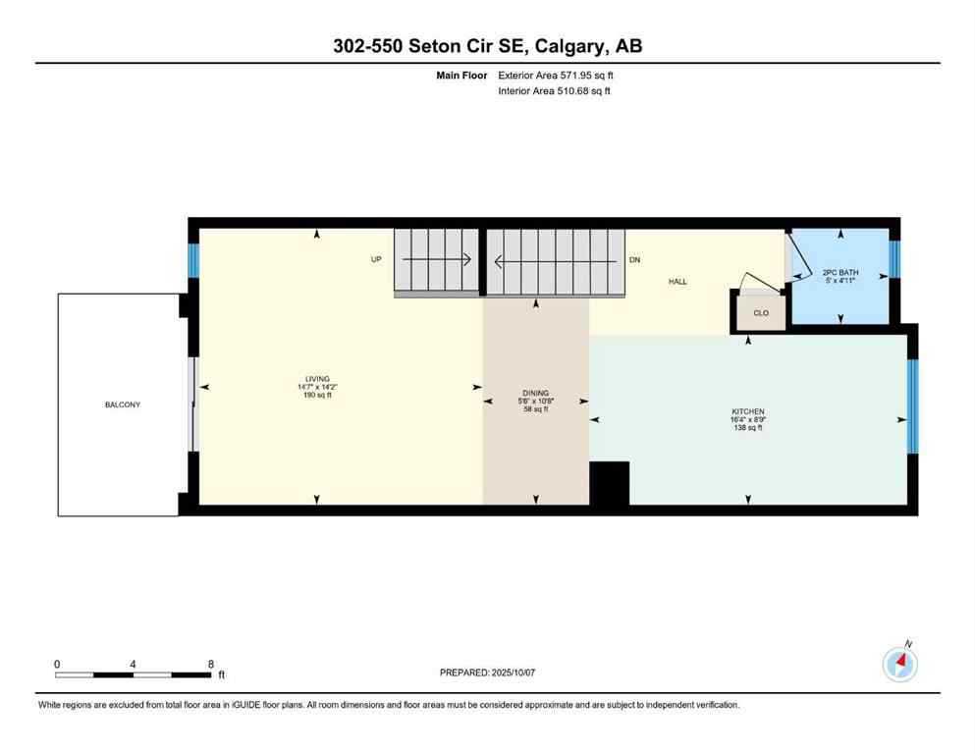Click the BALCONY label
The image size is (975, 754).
(123, 404)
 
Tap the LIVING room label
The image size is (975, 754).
(317, 379)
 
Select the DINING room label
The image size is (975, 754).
(535, 393)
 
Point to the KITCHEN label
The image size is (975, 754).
(748, 411)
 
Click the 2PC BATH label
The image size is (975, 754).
(840, 272)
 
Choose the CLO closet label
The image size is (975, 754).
(761, 314)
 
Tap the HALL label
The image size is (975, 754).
(677, 282)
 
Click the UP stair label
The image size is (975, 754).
(376, 261)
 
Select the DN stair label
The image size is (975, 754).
(635, 261)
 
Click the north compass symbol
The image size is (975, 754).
(899, 664)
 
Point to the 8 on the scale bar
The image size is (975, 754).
(211, 664)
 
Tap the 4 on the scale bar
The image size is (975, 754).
(133, 664)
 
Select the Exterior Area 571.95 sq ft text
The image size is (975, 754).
(557, 75)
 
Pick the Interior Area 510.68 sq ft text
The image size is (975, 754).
(555, 91)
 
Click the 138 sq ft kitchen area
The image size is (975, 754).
(748, 428)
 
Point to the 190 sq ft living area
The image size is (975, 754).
(317, 396)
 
